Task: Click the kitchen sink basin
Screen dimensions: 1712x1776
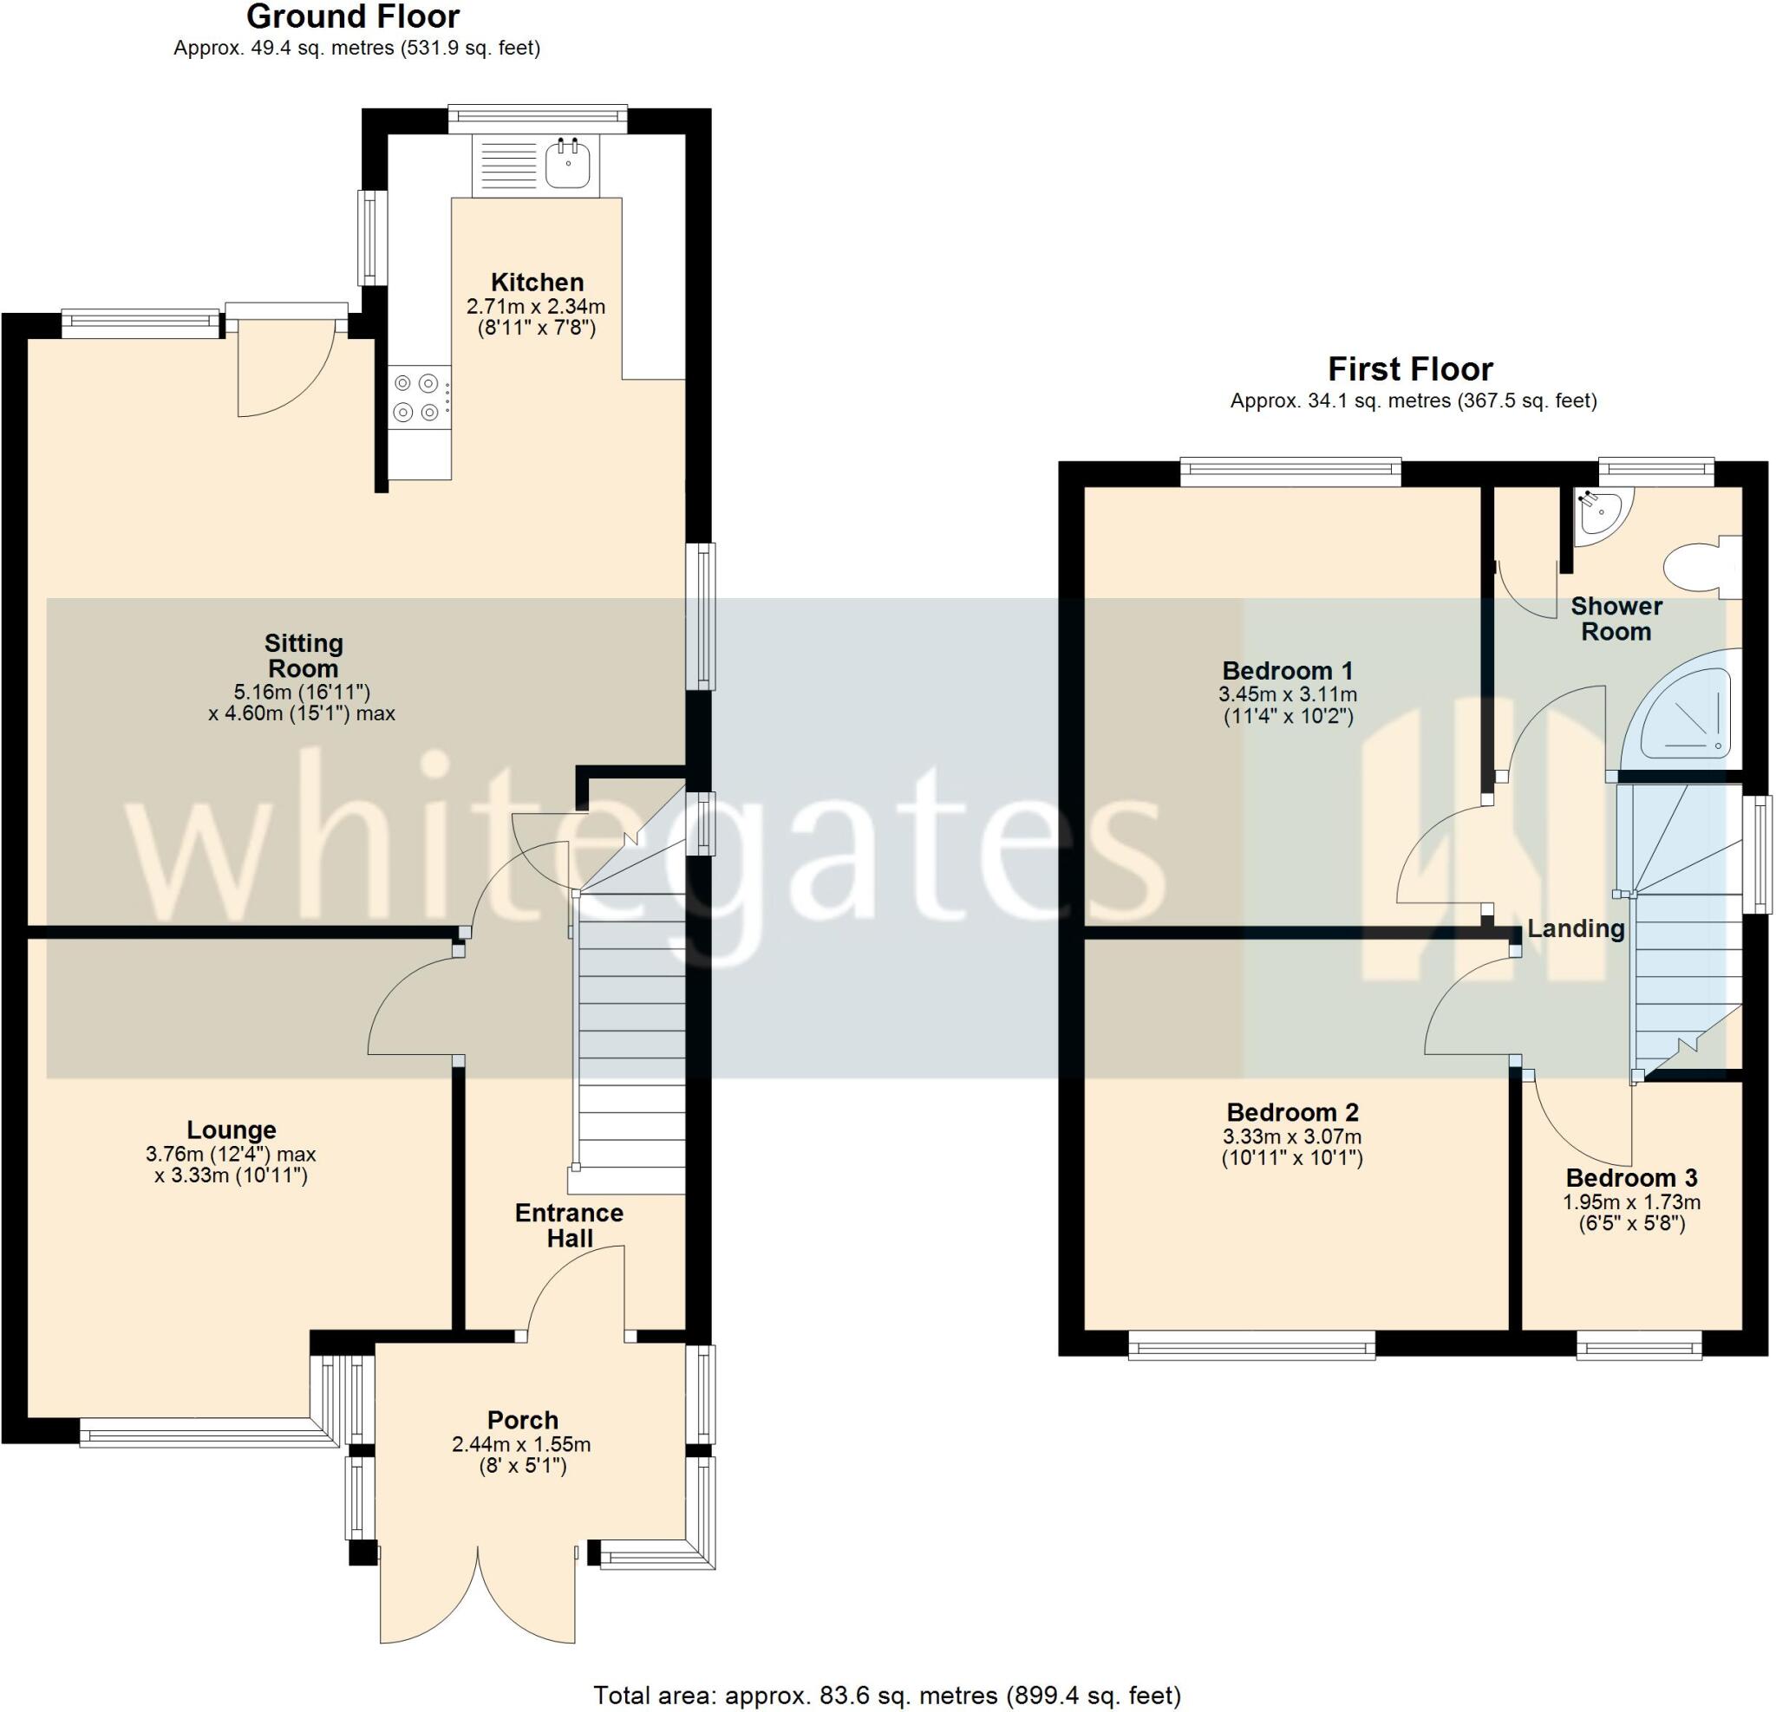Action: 568,166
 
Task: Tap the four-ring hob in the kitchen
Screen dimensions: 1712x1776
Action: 417,398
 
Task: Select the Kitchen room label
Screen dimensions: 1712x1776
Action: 537,283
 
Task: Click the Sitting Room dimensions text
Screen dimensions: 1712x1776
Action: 302,703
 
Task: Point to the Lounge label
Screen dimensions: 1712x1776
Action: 231,1129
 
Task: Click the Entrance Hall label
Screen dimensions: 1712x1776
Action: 569,1226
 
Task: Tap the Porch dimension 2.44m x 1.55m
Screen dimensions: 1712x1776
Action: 521,1445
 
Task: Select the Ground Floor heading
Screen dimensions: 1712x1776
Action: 352,16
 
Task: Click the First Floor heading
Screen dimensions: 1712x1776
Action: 1410,369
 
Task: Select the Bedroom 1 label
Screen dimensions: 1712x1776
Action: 1287,671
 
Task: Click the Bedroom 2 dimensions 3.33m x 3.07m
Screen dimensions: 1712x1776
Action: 1292,1136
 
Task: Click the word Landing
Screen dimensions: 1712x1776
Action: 1576,928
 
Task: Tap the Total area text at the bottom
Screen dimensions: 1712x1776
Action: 886,1695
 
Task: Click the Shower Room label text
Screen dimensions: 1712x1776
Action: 1616,619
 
